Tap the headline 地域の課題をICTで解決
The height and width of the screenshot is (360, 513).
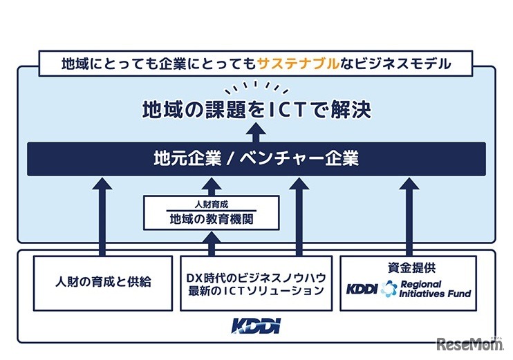click(256, 109)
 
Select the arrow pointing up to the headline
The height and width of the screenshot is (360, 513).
click(256, 131)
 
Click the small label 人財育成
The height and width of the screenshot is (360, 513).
click(211, 205)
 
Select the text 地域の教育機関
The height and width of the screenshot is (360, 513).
click(211, 219)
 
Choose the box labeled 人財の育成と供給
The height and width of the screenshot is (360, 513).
click(103, 283)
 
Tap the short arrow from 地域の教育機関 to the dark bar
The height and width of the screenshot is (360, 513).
click(211, 187)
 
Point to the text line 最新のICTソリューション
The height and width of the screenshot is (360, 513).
click(255, 291)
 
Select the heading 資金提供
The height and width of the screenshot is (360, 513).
click(408, 266)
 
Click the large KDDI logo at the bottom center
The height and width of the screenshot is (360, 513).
click(256, 325)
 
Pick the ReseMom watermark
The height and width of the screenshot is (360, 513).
click(467, 342)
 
